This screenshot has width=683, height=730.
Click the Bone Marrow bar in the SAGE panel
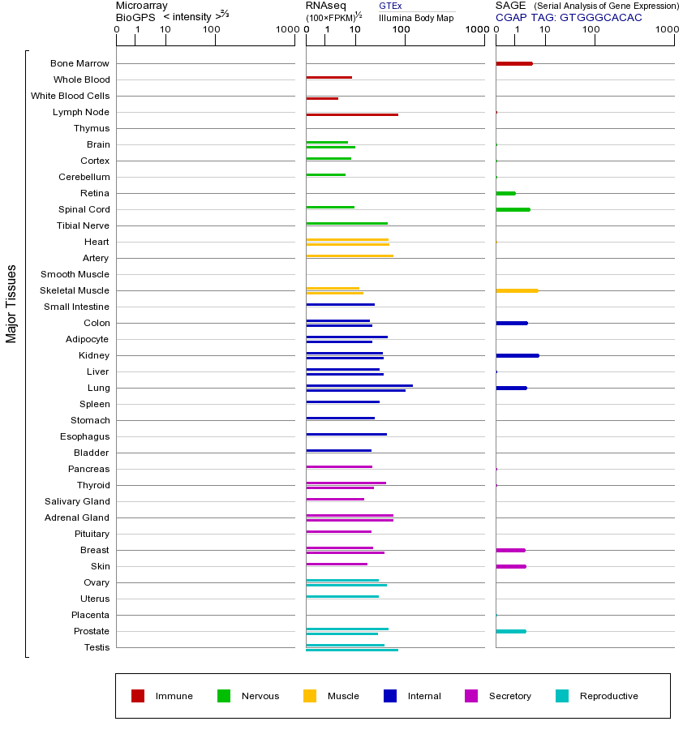click(513, 63)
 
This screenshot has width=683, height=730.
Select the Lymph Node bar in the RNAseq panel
click(352, 114)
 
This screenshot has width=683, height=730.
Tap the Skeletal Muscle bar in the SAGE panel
click(517, 290)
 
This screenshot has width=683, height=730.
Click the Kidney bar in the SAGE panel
click(517, 355)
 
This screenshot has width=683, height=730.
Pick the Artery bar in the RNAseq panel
click(350, 255)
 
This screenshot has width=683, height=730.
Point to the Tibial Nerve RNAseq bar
click(346, 223)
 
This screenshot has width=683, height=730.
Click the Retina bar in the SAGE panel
click(505, 193)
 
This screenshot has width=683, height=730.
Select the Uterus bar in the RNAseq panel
click(342, 596)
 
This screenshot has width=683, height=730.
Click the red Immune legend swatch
click(138, 696)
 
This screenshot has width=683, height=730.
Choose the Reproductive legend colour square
click(562, 696)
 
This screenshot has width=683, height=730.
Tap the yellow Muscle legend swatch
click(310, 696)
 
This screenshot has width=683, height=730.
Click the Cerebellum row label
click(84, 177)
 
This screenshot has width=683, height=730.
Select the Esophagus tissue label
click(85, 436)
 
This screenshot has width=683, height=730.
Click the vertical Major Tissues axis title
click(11, 303)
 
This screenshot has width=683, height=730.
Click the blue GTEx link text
click(390, 6)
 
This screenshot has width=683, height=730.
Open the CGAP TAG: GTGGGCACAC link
click(569, 17)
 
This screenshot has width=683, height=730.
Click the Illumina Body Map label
click(416, 17)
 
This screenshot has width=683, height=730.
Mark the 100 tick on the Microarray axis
click(215, 30)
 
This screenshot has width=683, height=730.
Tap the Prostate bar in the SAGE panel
click(510, 631)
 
